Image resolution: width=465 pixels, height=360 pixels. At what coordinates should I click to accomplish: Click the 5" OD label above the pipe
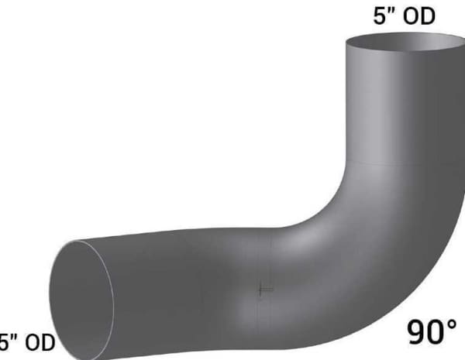(404, 16)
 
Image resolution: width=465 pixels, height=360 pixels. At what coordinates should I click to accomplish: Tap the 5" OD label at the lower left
(28, 341)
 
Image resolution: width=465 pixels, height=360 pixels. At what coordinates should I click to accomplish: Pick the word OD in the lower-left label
(40, 341)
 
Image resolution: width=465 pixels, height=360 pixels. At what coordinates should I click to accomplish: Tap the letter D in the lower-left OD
(48, 341)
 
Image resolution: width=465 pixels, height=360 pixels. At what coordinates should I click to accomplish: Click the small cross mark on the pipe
(264, 290)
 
